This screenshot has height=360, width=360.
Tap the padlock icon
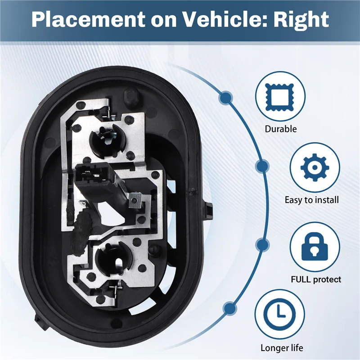[x=311, y=246]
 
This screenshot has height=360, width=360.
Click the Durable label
[x=281, y=129]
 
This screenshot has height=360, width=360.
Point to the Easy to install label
[x=312, y=199]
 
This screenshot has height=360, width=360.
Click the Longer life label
[x=282, y=348]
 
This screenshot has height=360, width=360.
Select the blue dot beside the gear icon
[x=260, y=167]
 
